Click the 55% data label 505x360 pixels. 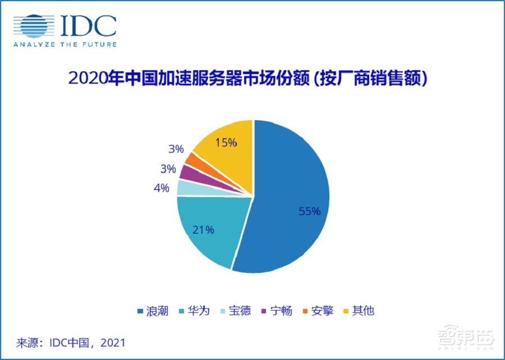click(309, 212)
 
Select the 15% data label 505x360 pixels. click(226, 143)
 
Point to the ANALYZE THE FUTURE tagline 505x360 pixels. click(65, 44)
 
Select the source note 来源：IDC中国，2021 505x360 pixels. click(71, 341)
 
